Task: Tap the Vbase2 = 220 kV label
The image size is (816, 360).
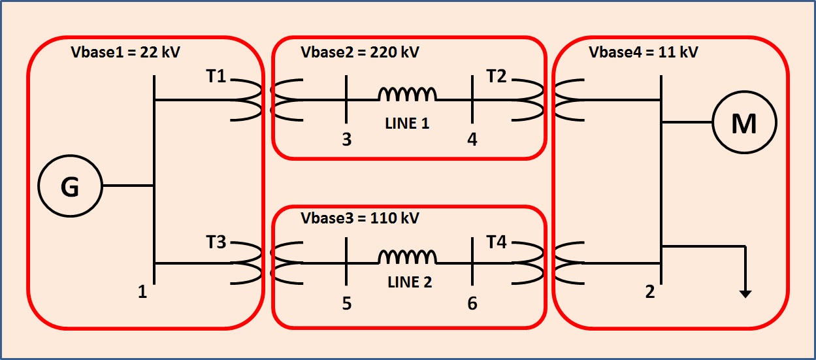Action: coord(359,52)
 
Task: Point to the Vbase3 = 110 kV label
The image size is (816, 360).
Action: coord(359,218)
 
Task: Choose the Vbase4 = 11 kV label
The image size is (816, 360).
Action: coord(643,52)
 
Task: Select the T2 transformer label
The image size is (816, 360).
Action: coord(497,76)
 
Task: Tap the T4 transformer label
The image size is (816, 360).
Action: coord(497,242)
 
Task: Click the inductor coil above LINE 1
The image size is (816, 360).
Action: coord(408,95)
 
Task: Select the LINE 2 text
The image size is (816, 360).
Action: coord(410,283)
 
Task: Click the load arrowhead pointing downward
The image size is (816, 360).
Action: coord(745,294)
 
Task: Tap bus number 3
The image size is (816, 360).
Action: coord(347,140)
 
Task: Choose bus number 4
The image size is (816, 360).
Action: coord(472,140)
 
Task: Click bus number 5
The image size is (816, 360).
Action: coord(347,304)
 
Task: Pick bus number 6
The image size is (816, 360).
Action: coord(472,304)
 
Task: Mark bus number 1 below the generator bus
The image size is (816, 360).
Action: coord(142,293)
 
